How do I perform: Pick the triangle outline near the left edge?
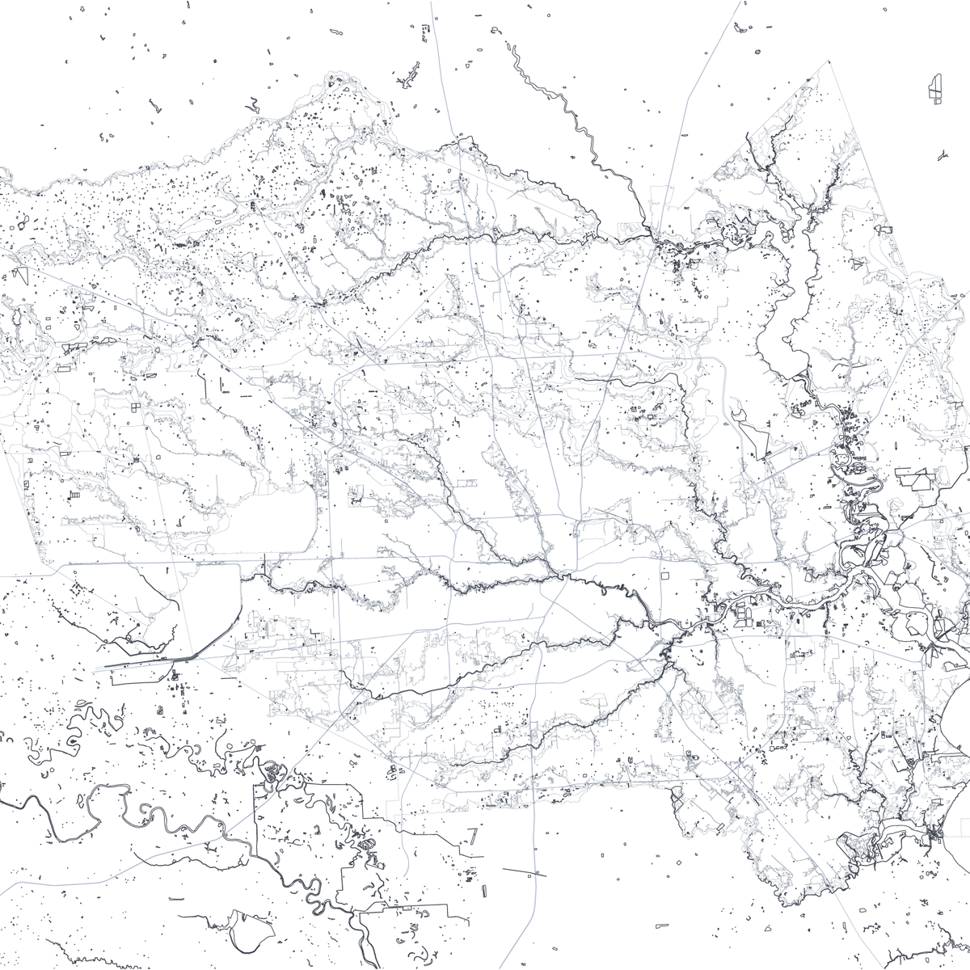click(x=21, y=275)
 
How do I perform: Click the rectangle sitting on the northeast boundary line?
click(x=883, y=230)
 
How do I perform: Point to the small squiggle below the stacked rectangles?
click(x=942, y=153)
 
